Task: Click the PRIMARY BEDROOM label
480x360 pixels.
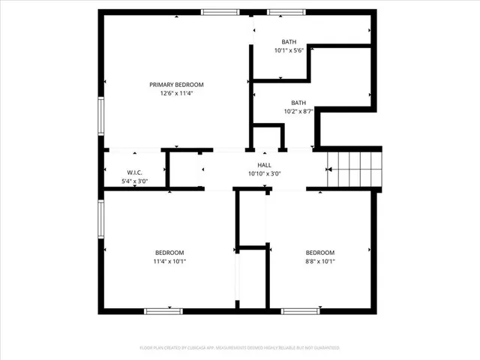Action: (176, 85)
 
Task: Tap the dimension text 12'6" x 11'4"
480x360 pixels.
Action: (176, 94)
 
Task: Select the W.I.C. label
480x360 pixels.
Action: (135, 172)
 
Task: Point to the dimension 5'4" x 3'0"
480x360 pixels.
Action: (135, 181)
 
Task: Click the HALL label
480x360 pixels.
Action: (265, 165)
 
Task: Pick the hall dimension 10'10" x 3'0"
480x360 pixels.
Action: (265, 174)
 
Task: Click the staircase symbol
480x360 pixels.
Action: (356, 170)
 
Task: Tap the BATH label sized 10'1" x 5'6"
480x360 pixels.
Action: (289, 42)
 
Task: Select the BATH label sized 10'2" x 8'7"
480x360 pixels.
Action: (298, 103)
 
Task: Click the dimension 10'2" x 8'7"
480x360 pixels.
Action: (298, 112)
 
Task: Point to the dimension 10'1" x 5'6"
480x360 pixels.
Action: (289, 51)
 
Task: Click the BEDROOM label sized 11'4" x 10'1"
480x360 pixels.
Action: (169, 253)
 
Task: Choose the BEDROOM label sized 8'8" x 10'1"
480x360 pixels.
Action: (319, 253)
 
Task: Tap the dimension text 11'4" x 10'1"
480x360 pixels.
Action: (169, 262)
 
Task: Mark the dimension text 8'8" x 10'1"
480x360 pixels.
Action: (319, 262)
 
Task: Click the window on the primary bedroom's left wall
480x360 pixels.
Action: (101, 116)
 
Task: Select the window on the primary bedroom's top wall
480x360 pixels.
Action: (220, 12)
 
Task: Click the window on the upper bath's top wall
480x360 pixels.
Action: (282, 12)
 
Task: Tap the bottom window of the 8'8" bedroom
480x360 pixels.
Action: (300, 310)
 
